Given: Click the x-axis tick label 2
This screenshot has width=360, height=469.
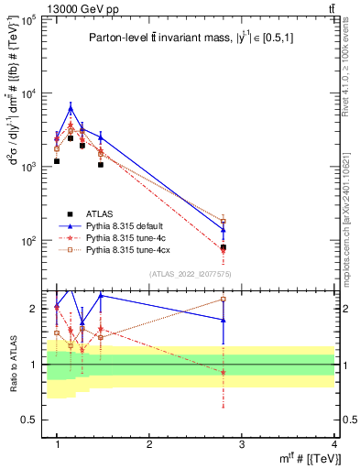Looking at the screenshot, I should click(149, 442).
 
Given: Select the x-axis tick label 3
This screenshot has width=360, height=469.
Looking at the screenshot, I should click(241, 442).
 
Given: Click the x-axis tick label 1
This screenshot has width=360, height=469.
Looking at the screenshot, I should click(57, 442).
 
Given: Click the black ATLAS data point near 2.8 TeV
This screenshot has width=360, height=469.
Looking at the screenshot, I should click(223, 247).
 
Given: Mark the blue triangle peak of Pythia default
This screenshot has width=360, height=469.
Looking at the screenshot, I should click(71, 108).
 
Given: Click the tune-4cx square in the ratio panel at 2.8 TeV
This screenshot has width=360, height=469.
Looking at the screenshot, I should click(223, 299).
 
